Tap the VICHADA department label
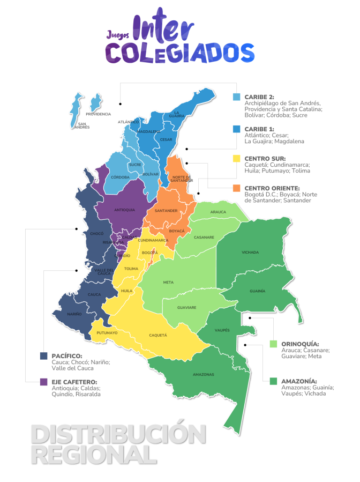pyautogui.click(x=250, y=252)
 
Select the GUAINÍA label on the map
pyautogui.click(x=257, y=291)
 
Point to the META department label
pyautogui.click(x=168, y=282)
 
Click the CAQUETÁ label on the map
pyautogui.click(x=158, y=335)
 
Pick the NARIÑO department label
pyautogui.click(x=74, y=314)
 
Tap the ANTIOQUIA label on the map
pyautogui.click(x=125, y=210)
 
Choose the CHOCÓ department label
pyautogui.click(x=96, y=234)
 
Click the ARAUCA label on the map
pyautogui.click(x=218, y=212)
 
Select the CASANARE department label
pyautogui.click(x=204, y=237)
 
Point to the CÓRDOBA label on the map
pyautogui.click(x=120, y=177)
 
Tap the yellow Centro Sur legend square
pyautogui.click(x=236, y=158)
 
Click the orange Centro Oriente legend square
pyautogui.click(x=236, y=188)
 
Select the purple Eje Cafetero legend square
pyautogui.click(x=43, y=382)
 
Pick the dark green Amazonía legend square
pyautogui.click(x=273, y=381)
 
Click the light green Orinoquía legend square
pyautogui.click(x=273, y=344)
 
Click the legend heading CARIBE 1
pyautogui.click(x=259, y=129)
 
